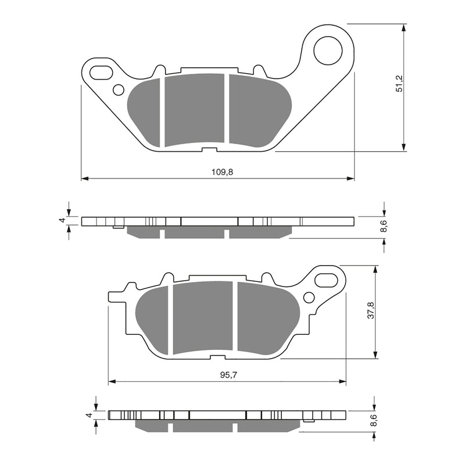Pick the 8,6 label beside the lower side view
coord(373,421)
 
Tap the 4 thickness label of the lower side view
coord(87,415)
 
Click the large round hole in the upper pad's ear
coord(328,50)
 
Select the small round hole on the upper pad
coord(118,90)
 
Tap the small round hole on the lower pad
coord(309,298)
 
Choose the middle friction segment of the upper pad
coord(195,109)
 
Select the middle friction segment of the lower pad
coord(203,317)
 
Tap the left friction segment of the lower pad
coord(153,317)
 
